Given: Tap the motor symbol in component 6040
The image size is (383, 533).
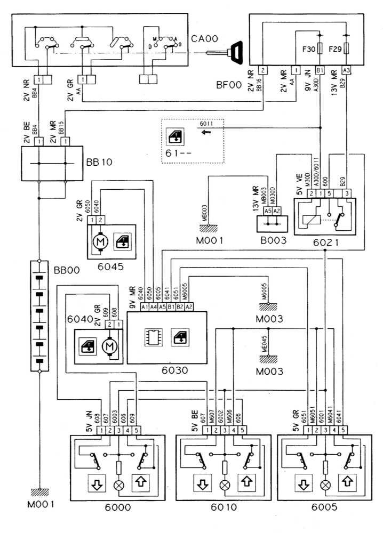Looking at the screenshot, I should [x=111, y=347].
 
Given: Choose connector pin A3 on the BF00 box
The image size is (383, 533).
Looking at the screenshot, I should [x=347, y=70].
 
